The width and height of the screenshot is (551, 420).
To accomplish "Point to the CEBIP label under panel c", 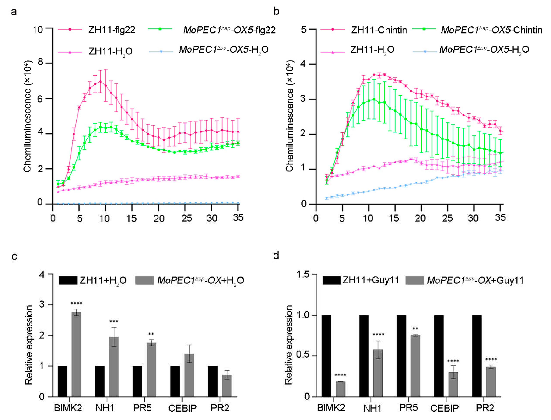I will point(182,408).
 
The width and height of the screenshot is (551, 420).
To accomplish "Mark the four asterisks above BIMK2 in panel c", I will point(76,304).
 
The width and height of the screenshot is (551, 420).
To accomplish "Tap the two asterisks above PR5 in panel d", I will point(415,329).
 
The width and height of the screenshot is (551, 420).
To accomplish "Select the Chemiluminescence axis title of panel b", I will point(289,116).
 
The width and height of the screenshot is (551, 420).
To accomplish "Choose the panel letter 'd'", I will point(276,256).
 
